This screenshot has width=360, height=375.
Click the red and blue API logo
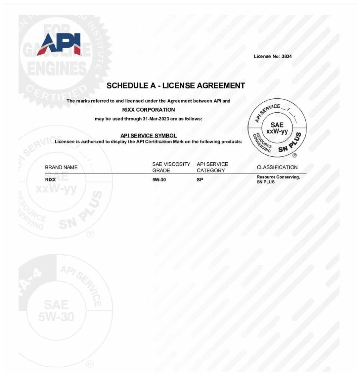[x=59, y=44]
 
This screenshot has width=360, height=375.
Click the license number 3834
[x=287, y=56]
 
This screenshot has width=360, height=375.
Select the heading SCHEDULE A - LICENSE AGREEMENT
[x=176, y=85]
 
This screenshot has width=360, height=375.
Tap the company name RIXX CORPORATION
[x=149, y=110]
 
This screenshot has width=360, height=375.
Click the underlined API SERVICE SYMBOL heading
[x=149, y=135]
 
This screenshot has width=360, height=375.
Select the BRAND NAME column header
[x=61, y=167]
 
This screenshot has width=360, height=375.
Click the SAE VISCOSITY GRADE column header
[x=171, y=167]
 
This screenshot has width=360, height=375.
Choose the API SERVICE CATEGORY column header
[x=212, y=167]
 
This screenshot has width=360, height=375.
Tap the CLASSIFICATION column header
[x=277, y=167]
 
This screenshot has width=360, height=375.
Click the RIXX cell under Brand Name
[x=50, y=180]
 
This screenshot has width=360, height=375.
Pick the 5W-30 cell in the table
[x=159, y=180]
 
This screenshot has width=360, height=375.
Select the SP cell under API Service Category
[x=200, y=180]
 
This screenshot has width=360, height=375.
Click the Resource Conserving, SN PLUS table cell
[x=278, y=179]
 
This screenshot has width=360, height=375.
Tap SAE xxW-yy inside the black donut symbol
[x=277, y=128]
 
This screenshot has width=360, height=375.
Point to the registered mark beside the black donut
[x=294, y=155]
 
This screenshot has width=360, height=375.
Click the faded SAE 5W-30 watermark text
[x=56, y=310]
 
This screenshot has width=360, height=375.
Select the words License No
[x=267, y=56]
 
